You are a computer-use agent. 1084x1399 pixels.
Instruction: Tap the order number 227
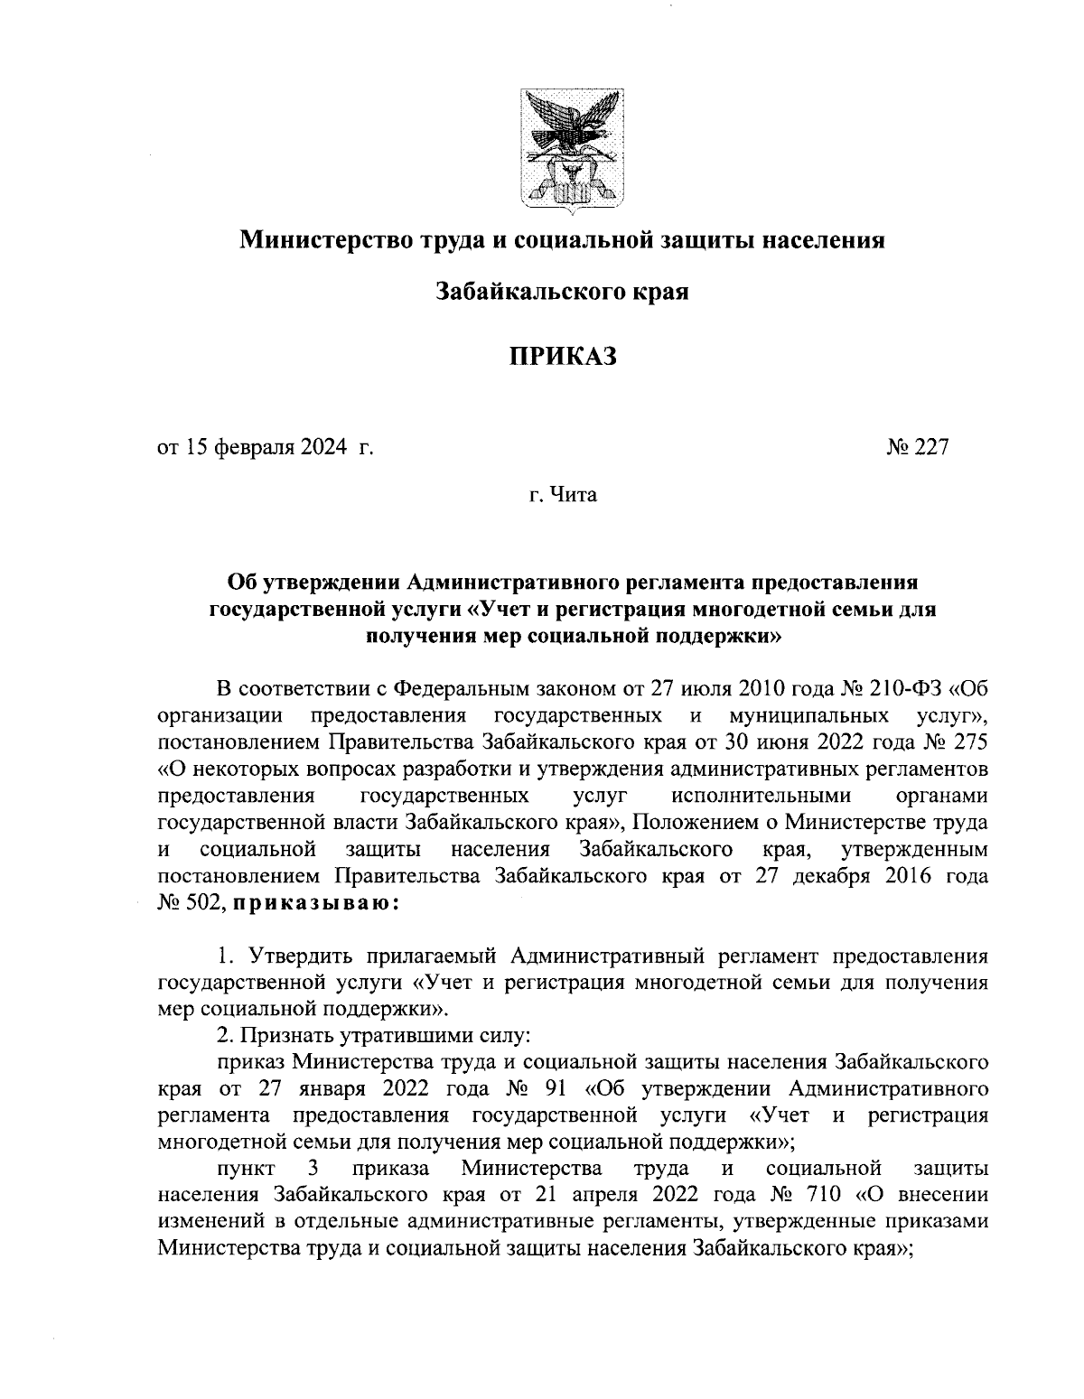point(930,447)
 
